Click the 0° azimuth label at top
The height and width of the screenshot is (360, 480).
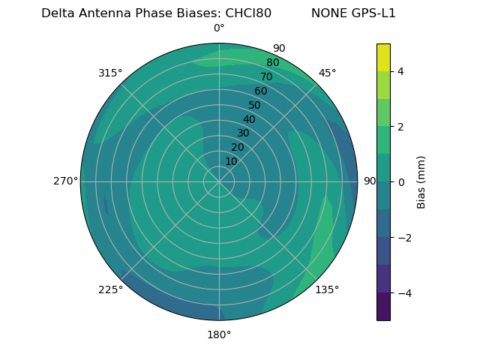coord(219,28)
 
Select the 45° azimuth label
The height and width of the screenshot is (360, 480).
coord(327,73)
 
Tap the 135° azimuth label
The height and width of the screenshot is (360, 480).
coord(327,289)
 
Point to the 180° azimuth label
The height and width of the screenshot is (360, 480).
coord(219,334)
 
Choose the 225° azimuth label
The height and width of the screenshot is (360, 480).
coord(110,289)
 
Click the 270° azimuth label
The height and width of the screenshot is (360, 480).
coord(65,181)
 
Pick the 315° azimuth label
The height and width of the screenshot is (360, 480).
coord(110,73)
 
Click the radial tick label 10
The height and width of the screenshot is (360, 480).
coord(231,161)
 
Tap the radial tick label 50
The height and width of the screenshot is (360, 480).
coord(255,105)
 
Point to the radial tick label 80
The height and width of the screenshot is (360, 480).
coord(272,63)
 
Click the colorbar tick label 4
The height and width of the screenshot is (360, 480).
coord(400,71)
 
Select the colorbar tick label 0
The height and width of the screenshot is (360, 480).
coord(400,182)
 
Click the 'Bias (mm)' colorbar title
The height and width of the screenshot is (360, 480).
coord(421,182)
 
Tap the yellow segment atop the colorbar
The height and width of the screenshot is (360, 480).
coord(383,57)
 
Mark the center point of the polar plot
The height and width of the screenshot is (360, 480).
coord(219,181)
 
